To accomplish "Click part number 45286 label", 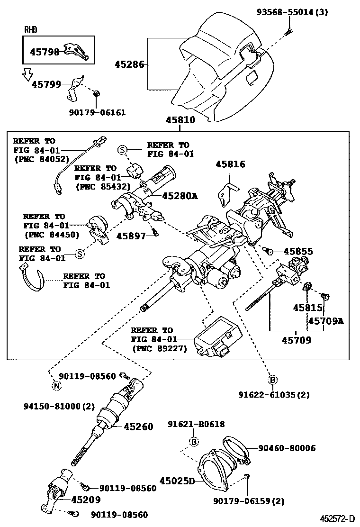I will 129,64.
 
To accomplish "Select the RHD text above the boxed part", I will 31,30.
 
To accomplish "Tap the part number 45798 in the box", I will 45,52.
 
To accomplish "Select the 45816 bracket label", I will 230,164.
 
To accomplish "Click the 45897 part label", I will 131,236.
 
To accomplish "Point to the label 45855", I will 298,251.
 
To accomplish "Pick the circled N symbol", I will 56,385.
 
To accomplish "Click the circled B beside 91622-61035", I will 273,380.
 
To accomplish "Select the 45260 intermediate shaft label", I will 138,427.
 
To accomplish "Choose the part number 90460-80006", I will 287,448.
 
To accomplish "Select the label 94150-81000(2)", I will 60,406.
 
